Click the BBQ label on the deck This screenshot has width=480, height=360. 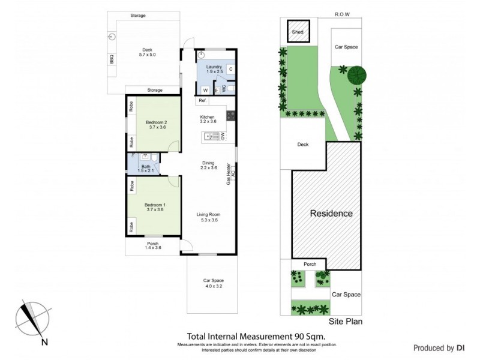112,59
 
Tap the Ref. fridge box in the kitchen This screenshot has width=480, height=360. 203,100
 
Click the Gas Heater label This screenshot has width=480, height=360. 229,173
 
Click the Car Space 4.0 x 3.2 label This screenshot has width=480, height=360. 212,283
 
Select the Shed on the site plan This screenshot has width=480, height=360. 298,32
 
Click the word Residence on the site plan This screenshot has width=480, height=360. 331,214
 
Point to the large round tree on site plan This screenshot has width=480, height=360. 357,75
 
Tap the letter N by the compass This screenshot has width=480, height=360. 44,343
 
